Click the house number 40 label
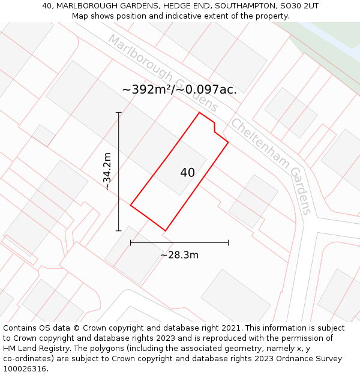187,173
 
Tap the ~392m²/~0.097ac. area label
179,90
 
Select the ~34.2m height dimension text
107,171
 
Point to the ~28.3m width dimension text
179,255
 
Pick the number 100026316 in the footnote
25,369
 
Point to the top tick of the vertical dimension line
118,113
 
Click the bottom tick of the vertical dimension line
118,230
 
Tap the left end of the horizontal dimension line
131,243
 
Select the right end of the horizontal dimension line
228,243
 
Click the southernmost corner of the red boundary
165,231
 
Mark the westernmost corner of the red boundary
131,206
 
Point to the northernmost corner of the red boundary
199,113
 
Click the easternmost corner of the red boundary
228,142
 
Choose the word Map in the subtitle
81,16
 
